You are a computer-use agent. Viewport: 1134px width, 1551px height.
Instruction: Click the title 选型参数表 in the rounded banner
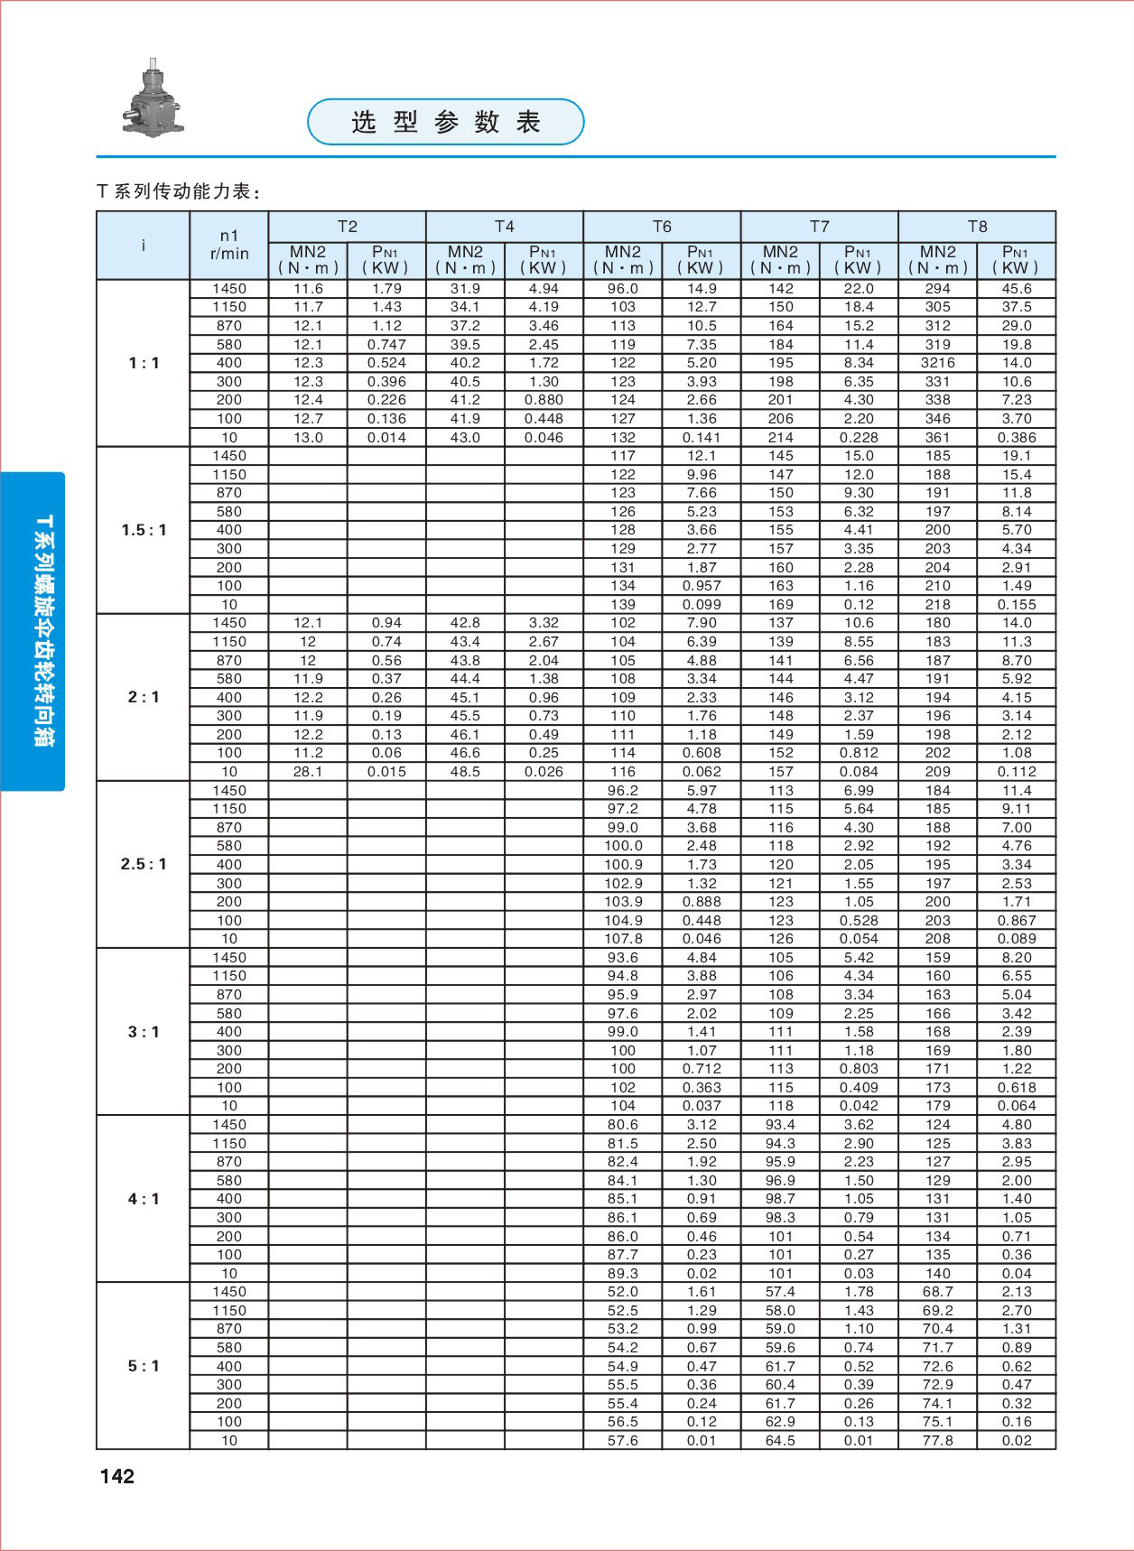coord(446,122)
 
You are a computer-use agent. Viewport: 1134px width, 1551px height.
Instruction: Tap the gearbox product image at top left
coord(153,99)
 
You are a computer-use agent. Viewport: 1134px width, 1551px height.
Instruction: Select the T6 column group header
coord(662,227)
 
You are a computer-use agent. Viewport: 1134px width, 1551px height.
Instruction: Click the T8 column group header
coord(977,227)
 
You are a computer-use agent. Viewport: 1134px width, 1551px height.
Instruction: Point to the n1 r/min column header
coord(229,245)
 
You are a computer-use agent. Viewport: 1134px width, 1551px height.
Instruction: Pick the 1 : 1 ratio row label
coord(144,363)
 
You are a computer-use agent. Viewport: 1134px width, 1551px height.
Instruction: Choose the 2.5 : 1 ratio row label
coord(144,864)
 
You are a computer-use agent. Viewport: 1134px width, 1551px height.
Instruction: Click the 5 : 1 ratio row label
coord(144,1366)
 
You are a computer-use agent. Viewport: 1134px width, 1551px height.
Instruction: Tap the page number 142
coord(117,1476)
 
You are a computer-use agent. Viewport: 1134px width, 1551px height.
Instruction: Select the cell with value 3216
coord(937,363)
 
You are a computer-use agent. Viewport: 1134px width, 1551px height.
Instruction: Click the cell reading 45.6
coord(1017,289)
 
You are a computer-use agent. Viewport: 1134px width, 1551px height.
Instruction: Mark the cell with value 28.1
coord(308,772)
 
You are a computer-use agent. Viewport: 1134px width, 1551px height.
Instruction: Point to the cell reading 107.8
coord(623,939)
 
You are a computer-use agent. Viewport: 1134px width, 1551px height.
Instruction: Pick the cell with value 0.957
coord(702,586)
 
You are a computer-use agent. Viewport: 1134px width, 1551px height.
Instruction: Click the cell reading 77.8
coord(937,1440)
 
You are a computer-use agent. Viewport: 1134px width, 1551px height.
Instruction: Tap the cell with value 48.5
coord(465,772)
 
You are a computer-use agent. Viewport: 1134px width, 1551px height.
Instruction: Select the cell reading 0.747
coord(386,345)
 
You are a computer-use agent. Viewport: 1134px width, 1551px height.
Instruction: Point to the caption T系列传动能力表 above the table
coord(180,191)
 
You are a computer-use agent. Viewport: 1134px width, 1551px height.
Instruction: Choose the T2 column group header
coord(347,227)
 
